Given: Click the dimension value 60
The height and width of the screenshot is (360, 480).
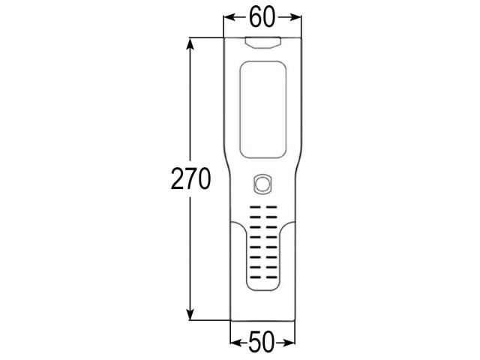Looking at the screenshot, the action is point(262,17).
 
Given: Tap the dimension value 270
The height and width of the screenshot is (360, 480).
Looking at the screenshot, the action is point(190,178).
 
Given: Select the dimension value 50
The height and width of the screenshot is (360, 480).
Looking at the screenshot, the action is point(261,341).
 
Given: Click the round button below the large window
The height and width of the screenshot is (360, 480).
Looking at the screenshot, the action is point(262,184).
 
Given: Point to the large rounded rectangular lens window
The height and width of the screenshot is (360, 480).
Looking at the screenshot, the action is point(263,109).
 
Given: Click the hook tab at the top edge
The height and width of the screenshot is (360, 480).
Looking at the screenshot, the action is point(263,43).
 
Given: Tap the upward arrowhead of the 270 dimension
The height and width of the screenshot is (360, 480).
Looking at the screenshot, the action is point(190,45).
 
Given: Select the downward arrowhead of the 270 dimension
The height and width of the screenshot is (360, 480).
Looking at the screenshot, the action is point(190,313).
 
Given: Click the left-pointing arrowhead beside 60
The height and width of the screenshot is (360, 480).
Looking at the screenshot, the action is point(230,17).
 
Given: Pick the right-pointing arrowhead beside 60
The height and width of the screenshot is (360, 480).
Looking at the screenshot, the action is point(295,17).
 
